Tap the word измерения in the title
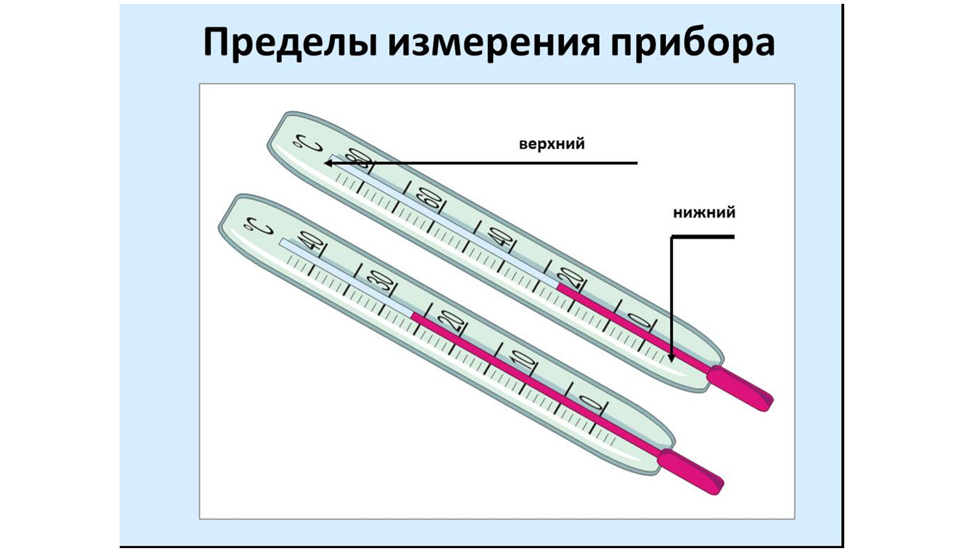pos(493,43)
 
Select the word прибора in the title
pos(692,43)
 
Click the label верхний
pos(551,144)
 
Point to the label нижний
pos(704,213)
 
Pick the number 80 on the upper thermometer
pos(358,159)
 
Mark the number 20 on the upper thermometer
pos(571,277)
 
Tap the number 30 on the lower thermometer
pos(381,282)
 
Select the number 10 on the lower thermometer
pos(523,361)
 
